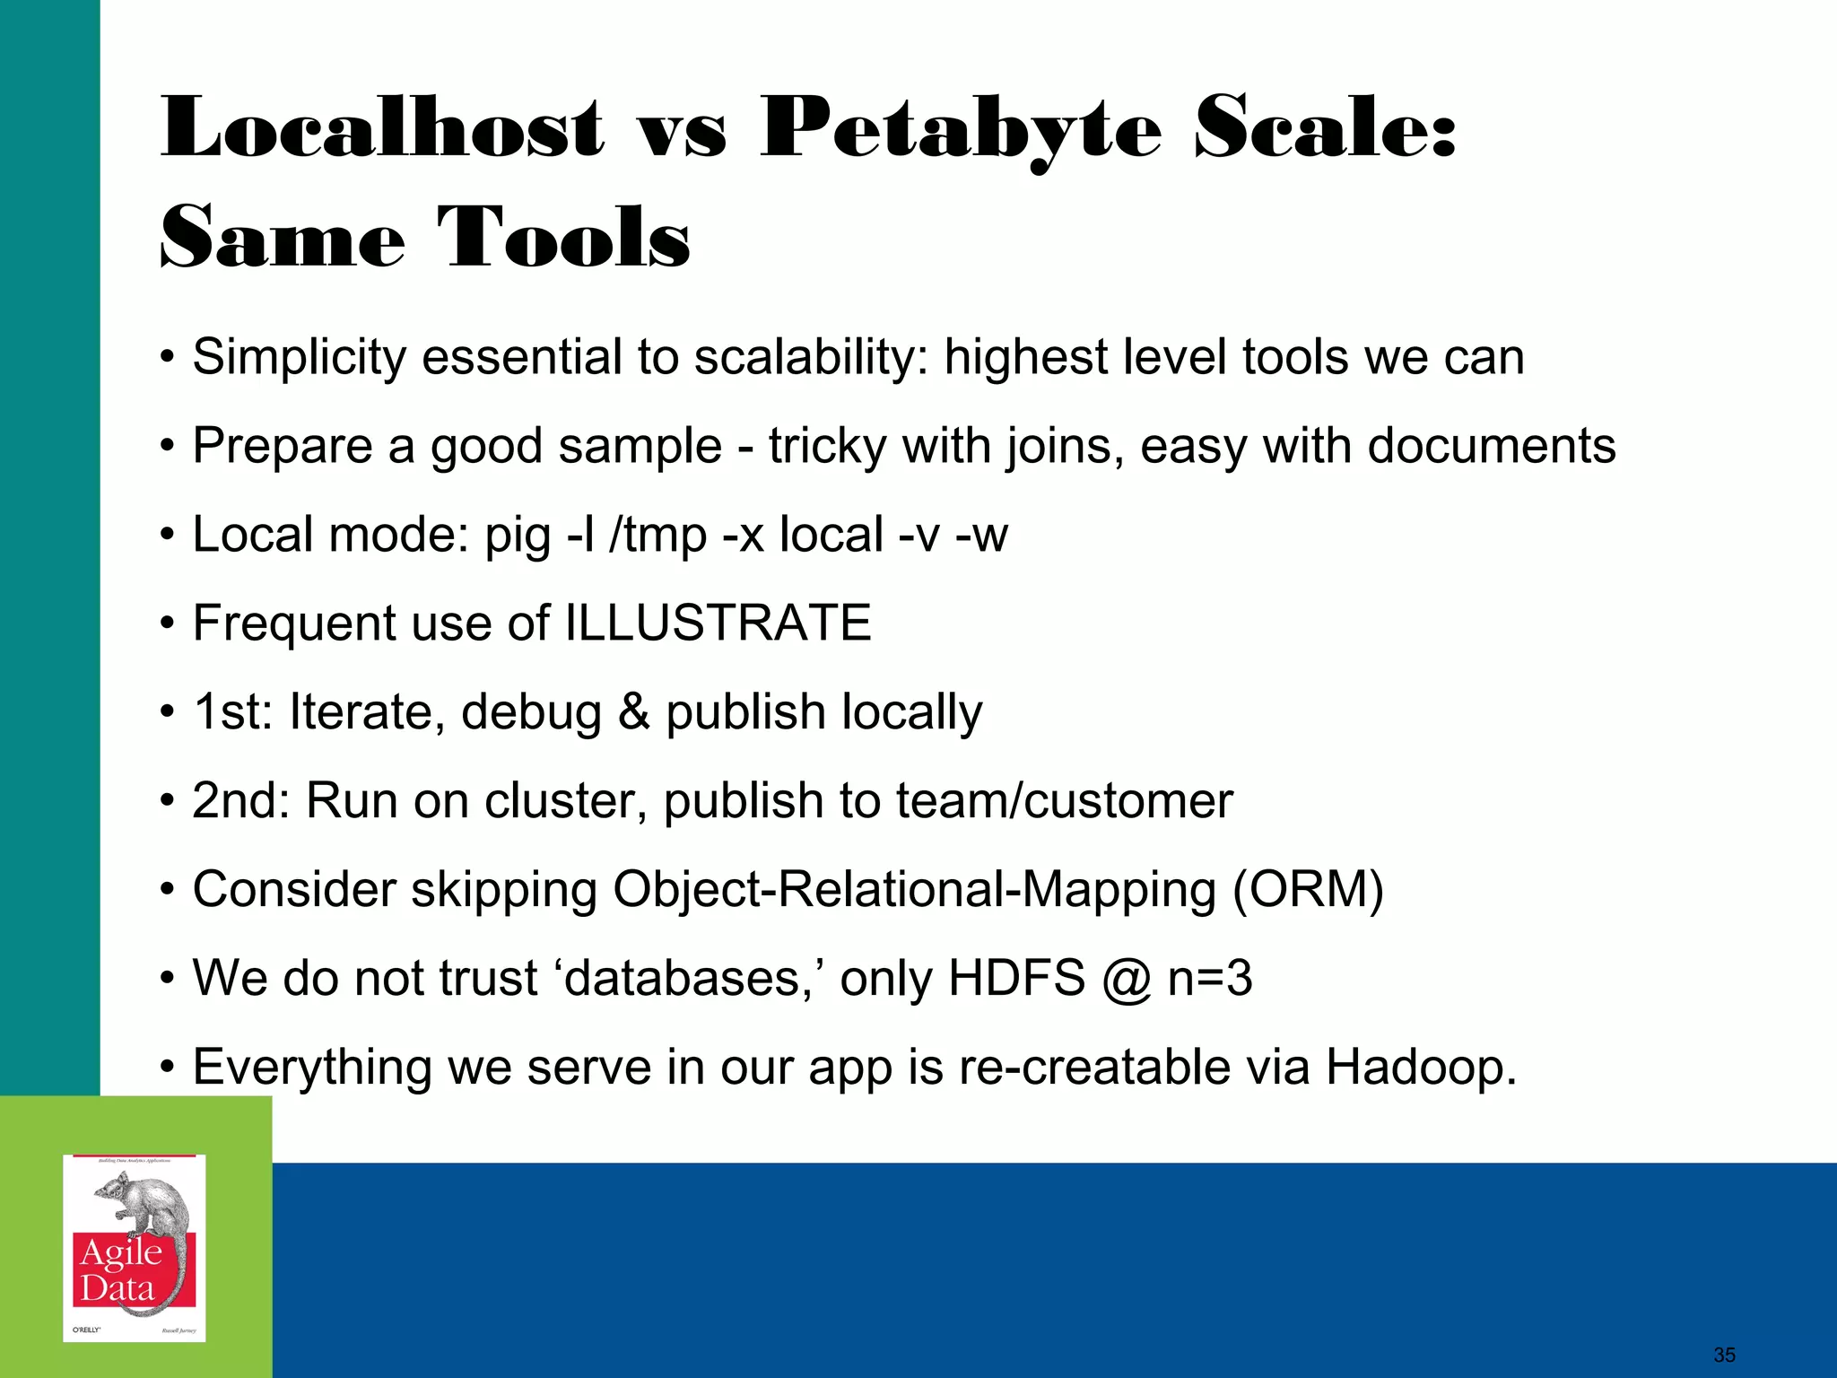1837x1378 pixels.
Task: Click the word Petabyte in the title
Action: click(960, 130)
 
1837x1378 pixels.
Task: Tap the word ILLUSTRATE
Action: click(718, 623)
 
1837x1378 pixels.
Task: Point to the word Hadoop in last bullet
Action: click(1419, 1067)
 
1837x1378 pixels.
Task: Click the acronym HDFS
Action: click(1016, 978)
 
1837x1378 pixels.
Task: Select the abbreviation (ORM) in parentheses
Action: click(1308, 889)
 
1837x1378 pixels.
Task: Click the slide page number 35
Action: click(1723, 1355)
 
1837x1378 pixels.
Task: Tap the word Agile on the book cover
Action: click(121, 1252)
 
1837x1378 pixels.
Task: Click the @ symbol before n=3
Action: click(1127, 980)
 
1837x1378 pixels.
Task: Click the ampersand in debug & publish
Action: click(633, 712)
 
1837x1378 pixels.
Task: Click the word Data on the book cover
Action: click(117, 1289)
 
